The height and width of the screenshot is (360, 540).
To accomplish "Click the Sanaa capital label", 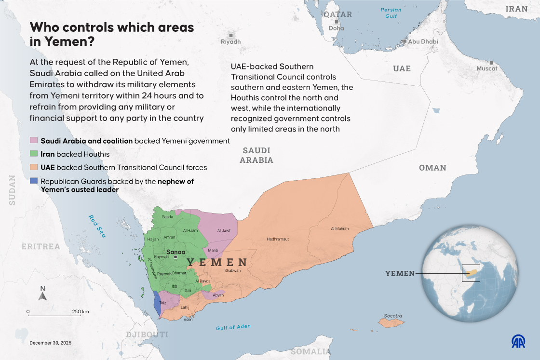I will [x=175, y=252].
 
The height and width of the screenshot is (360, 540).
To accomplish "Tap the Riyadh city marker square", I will [x=231, y=35].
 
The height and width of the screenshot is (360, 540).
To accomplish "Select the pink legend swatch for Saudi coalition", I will [x=34, y=141].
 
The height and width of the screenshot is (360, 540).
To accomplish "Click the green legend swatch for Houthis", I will [x=34, y=154].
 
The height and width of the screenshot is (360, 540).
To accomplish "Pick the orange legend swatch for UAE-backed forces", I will [x=34, y=168].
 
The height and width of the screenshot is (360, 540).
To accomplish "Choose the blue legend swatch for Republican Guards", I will [x=34, y=181].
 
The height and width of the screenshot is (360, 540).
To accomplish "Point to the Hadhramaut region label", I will [x=278, y=239].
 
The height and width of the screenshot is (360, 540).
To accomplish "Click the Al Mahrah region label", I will [x=339, y=228].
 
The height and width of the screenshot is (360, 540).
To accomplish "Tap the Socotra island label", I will [x=392, y=316].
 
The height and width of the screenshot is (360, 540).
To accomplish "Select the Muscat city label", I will [x=486, y=69].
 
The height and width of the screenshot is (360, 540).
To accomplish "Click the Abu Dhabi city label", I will [x=423, y=42].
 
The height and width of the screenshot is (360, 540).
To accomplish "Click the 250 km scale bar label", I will [x=81, y=312].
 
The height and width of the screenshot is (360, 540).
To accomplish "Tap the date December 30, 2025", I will [x=50, y=343].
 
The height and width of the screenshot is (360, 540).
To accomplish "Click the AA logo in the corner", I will [x=518, y=341].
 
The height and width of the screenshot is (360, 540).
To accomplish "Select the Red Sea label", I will [x=97, y=226].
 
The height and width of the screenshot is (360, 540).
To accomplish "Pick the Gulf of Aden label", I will [x=233, y=327].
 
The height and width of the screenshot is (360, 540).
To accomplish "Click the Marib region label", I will [x=213, y=250].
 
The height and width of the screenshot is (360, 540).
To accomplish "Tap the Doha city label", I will [x=336, y=28].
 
